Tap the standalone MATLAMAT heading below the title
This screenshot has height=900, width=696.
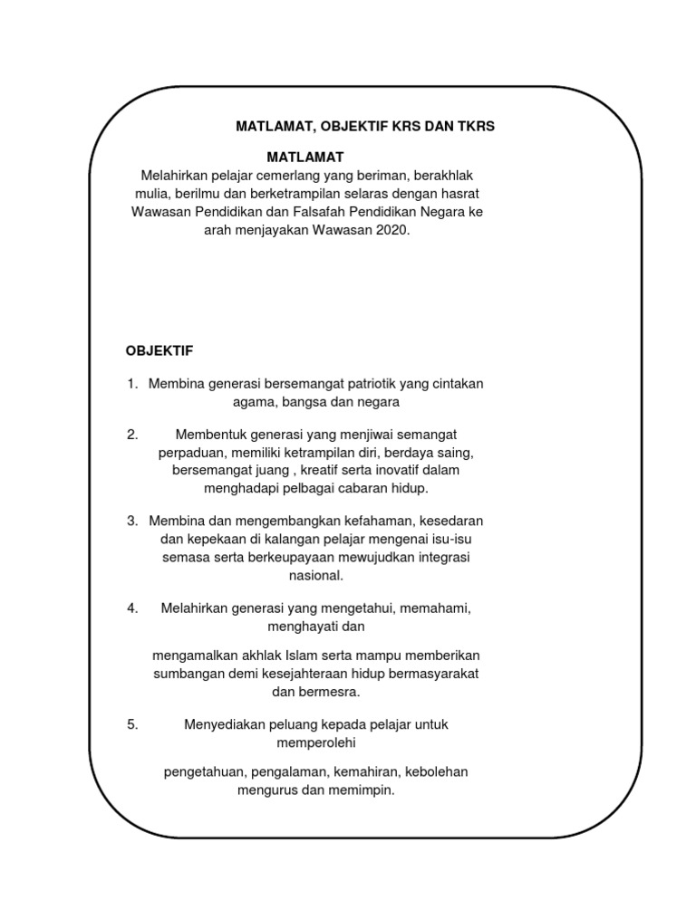point(305,158)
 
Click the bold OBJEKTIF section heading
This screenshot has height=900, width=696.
point(159,349)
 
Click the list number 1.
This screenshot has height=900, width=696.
point(131,384)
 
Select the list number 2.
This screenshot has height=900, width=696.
point(131,435)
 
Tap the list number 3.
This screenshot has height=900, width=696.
point(131,521)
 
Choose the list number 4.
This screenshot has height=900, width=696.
point(131,608)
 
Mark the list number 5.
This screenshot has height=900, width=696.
point(131,724)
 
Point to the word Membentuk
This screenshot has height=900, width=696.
point(208,435)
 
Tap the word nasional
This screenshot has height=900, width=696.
point(315,575)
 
